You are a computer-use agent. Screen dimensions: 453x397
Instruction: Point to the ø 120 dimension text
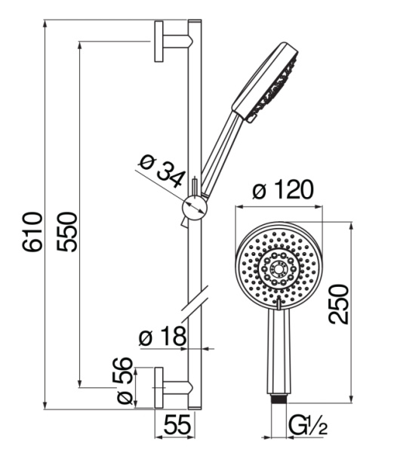click(x=283, y=191)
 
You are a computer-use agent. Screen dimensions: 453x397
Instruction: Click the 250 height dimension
click(x=340, y=303)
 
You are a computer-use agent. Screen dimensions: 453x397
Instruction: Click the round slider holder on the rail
click(x=194, y=205)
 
